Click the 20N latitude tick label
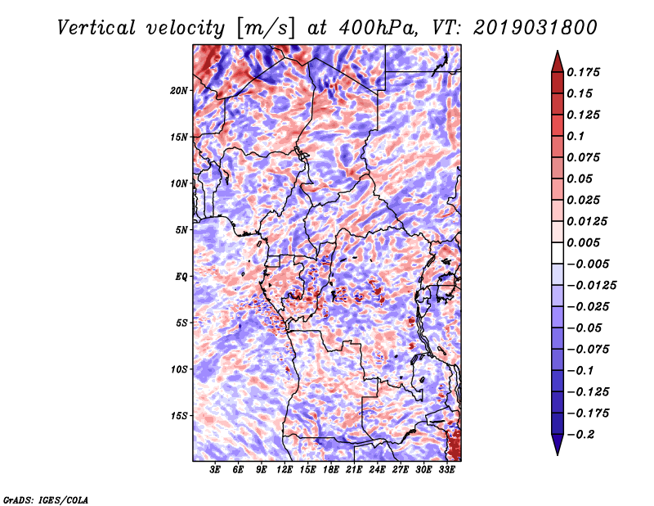point(179,91)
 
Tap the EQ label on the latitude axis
point(181,277)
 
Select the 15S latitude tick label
point(179,416)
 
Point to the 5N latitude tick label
point(181,230)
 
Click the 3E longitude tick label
point(215,470)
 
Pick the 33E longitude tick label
point(446,470)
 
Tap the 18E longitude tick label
point(331,470)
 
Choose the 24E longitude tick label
point(377,470)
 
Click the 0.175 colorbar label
point(583,72)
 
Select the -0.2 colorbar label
point(580,435)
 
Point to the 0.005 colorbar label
point(583,242)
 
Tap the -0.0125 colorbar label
point(591,286)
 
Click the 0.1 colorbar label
point(576,136)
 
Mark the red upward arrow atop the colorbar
point(558,62)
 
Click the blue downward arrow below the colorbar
point(558,444)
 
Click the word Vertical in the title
point(96,28)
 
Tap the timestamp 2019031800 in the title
point(535,28)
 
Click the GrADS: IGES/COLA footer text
point(46,499)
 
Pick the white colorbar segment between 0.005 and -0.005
point(558,253)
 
